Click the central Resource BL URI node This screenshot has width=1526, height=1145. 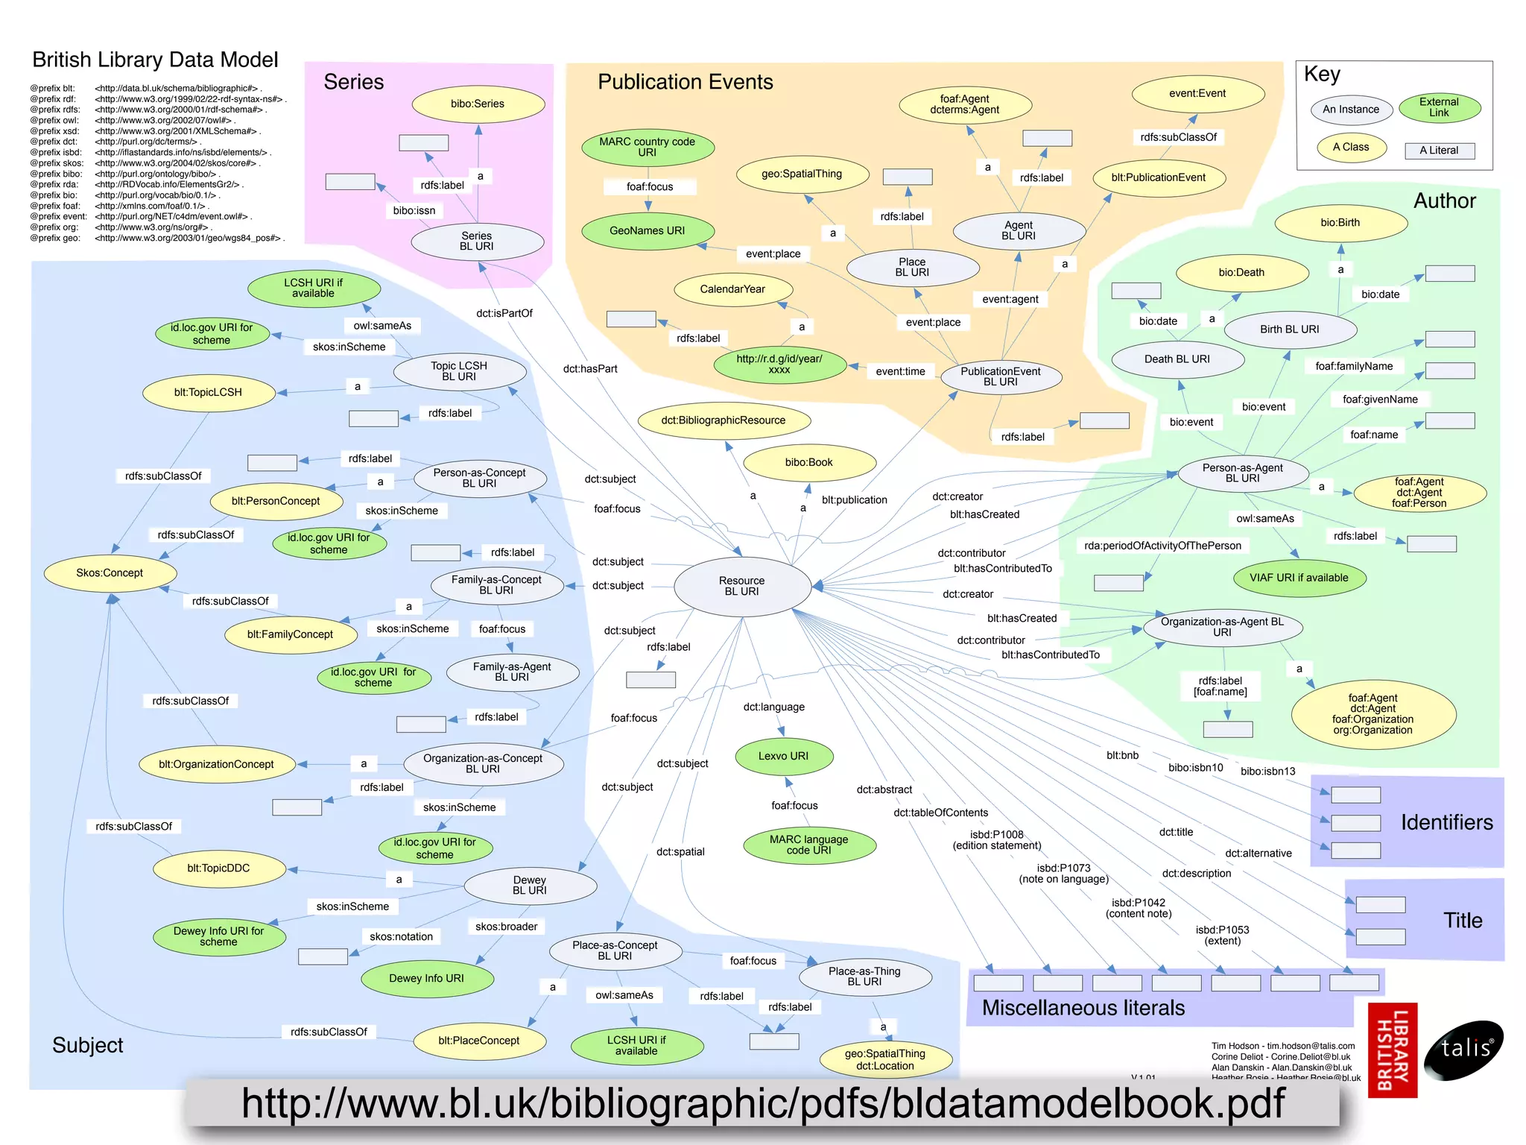[742, 586]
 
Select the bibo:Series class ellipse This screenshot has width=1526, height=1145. [478, 104]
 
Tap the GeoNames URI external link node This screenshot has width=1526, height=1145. [647, 231]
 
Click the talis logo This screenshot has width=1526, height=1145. [1463, 1050]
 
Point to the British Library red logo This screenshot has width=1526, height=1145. [1393, 1050]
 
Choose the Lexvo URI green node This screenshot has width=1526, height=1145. [783, 756]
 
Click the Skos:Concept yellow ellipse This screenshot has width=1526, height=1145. [110, 573]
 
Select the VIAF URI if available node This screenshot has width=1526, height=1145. [1299, 578]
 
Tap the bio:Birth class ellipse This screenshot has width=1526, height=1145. [1340, 223]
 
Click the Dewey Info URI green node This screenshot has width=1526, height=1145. [426, 978]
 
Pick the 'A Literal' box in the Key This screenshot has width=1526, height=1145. [1439, 151]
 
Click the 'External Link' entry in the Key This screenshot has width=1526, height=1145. [1439, 107]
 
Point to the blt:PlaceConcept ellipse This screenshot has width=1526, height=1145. [478, 1041]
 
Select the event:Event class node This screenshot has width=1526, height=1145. [1197, 94]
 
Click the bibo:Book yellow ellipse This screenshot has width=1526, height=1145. [808, 462]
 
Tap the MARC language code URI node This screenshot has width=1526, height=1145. [808, 845]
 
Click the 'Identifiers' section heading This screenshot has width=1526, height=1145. [1446, 822]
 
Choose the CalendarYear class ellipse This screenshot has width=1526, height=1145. [732, 289]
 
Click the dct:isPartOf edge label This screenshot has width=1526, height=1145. [504, 313]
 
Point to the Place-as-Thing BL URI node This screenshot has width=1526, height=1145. [864, 977]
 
